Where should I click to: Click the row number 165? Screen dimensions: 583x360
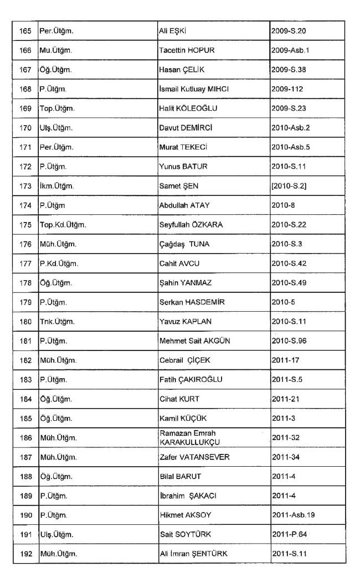[25, 31]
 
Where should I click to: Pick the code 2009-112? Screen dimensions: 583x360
[287, 89]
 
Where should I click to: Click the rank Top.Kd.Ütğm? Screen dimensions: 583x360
[63, 225]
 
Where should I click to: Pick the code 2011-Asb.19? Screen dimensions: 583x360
[294, 515]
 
